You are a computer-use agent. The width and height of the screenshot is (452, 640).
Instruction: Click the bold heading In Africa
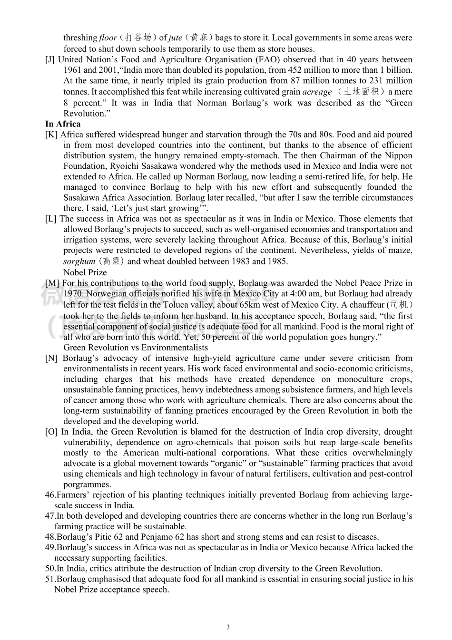point(63,124)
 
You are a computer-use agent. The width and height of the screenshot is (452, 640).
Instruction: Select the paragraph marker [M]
point(52,283)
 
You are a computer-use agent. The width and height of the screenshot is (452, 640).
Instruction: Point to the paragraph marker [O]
point(51,432)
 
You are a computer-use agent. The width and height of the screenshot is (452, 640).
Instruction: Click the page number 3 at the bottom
point(228,627)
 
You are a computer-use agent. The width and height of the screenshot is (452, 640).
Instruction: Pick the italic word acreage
point(317,92)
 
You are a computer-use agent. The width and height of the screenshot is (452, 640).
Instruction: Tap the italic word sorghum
point(79,261)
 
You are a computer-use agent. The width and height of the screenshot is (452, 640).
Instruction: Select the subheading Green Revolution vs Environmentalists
point(135,348)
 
